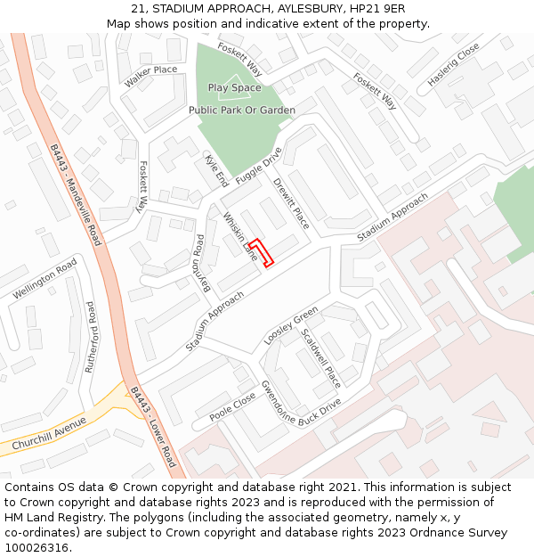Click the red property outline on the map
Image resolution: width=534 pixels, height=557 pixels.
(260, 251)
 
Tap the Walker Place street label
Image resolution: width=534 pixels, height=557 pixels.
(150, 76)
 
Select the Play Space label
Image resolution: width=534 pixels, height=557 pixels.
(234, 87)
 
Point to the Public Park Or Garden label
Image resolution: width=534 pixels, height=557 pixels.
(241, 110)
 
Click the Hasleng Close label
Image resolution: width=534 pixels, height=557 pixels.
(453, 63)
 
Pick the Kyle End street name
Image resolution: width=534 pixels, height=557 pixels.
(216, 170)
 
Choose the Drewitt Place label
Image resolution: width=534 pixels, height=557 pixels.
(290, 204)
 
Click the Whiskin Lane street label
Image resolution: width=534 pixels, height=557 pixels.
(239, 235)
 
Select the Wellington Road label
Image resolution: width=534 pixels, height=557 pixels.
(44, 280)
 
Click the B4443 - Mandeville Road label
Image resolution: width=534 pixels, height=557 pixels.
(76, 194)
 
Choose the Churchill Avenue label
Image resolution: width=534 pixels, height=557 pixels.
(49, 433)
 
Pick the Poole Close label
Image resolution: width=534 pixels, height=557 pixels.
(232, 407)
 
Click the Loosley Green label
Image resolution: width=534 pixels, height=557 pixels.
(291, 326)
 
